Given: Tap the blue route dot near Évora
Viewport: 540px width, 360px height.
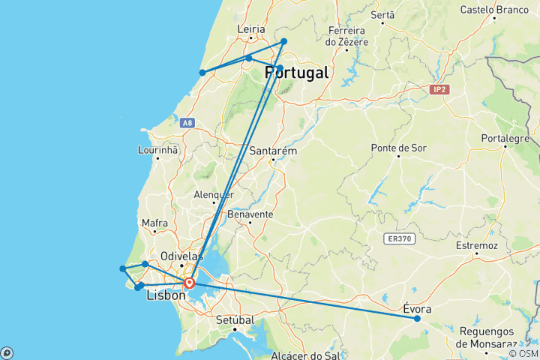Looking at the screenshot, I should [x=417, y=319].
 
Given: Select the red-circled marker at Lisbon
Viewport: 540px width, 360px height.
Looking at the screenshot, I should [x=190, y=283].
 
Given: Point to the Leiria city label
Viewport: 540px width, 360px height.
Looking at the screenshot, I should [x=251, y=29].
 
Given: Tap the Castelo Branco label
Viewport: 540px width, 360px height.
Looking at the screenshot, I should [x=494, y=10].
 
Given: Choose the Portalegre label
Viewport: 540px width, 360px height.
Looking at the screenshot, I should [x=505, y=138].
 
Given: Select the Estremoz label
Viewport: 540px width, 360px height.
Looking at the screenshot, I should [x=477, y=245].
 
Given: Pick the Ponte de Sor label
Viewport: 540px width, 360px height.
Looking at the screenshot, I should [x=398, y=148].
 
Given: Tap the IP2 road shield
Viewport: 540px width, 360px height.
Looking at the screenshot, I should [x=439, y=90].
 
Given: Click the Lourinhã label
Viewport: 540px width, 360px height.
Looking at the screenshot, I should [x=157, y=149].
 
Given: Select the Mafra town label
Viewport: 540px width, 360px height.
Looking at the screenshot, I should [x=154, y=223].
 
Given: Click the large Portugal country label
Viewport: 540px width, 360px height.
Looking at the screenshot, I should [x=297, y=73].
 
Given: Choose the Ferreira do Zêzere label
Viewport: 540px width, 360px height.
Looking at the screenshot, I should [x=347, y=36].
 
